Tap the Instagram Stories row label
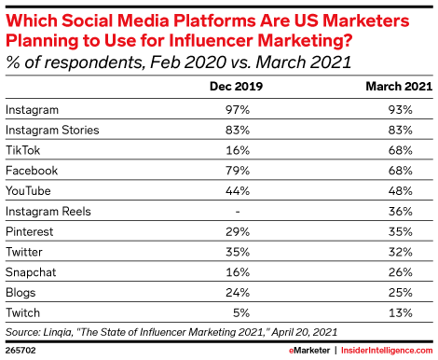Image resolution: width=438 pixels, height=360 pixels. point(51,131)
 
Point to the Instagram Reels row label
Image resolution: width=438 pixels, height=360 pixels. point(48,213)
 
